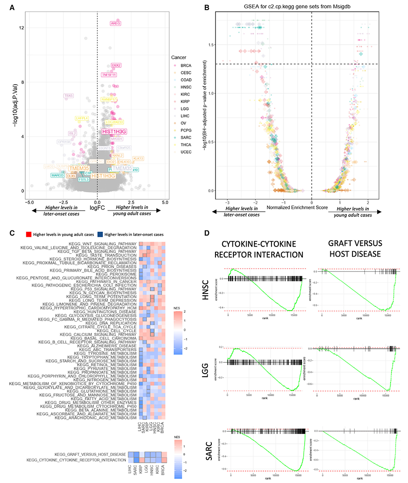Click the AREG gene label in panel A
[x=116, y=23]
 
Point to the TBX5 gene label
[x=68, y=96]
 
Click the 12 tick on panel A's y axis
[x=21, y=28]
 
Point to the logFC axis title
[x=97, y=208]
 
